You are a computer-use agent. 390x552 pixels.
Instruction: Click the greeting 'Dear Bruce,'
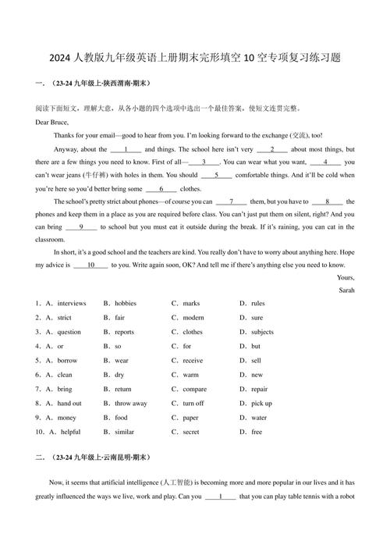[x=52, y=122]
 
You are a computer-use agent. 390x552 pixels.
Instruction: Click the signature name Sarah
[x=346, y=290]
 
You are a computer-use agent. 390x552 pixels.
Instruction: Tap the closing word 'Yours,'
[x=345, y=277]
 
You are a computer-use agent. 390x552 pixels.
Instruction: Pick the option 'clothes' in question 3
[x=193, y=332]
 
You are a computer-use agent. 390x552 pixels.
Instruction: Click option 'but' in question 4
[x=256, y=346]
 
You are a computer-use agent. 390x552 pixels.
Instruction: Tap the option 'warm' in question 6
[x=190, y=375]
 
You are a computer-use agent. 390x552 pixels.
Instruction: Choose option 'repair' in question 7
[x=259, y=389]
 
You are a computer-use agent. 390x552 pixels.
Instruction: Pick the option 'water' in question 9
[x=258, y=418]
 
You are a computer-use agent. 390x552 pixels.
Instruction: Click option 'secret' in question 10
[x=190, y=432]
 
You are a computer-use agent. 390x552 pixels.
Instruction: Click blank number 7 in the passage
[x=232, y=201]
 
